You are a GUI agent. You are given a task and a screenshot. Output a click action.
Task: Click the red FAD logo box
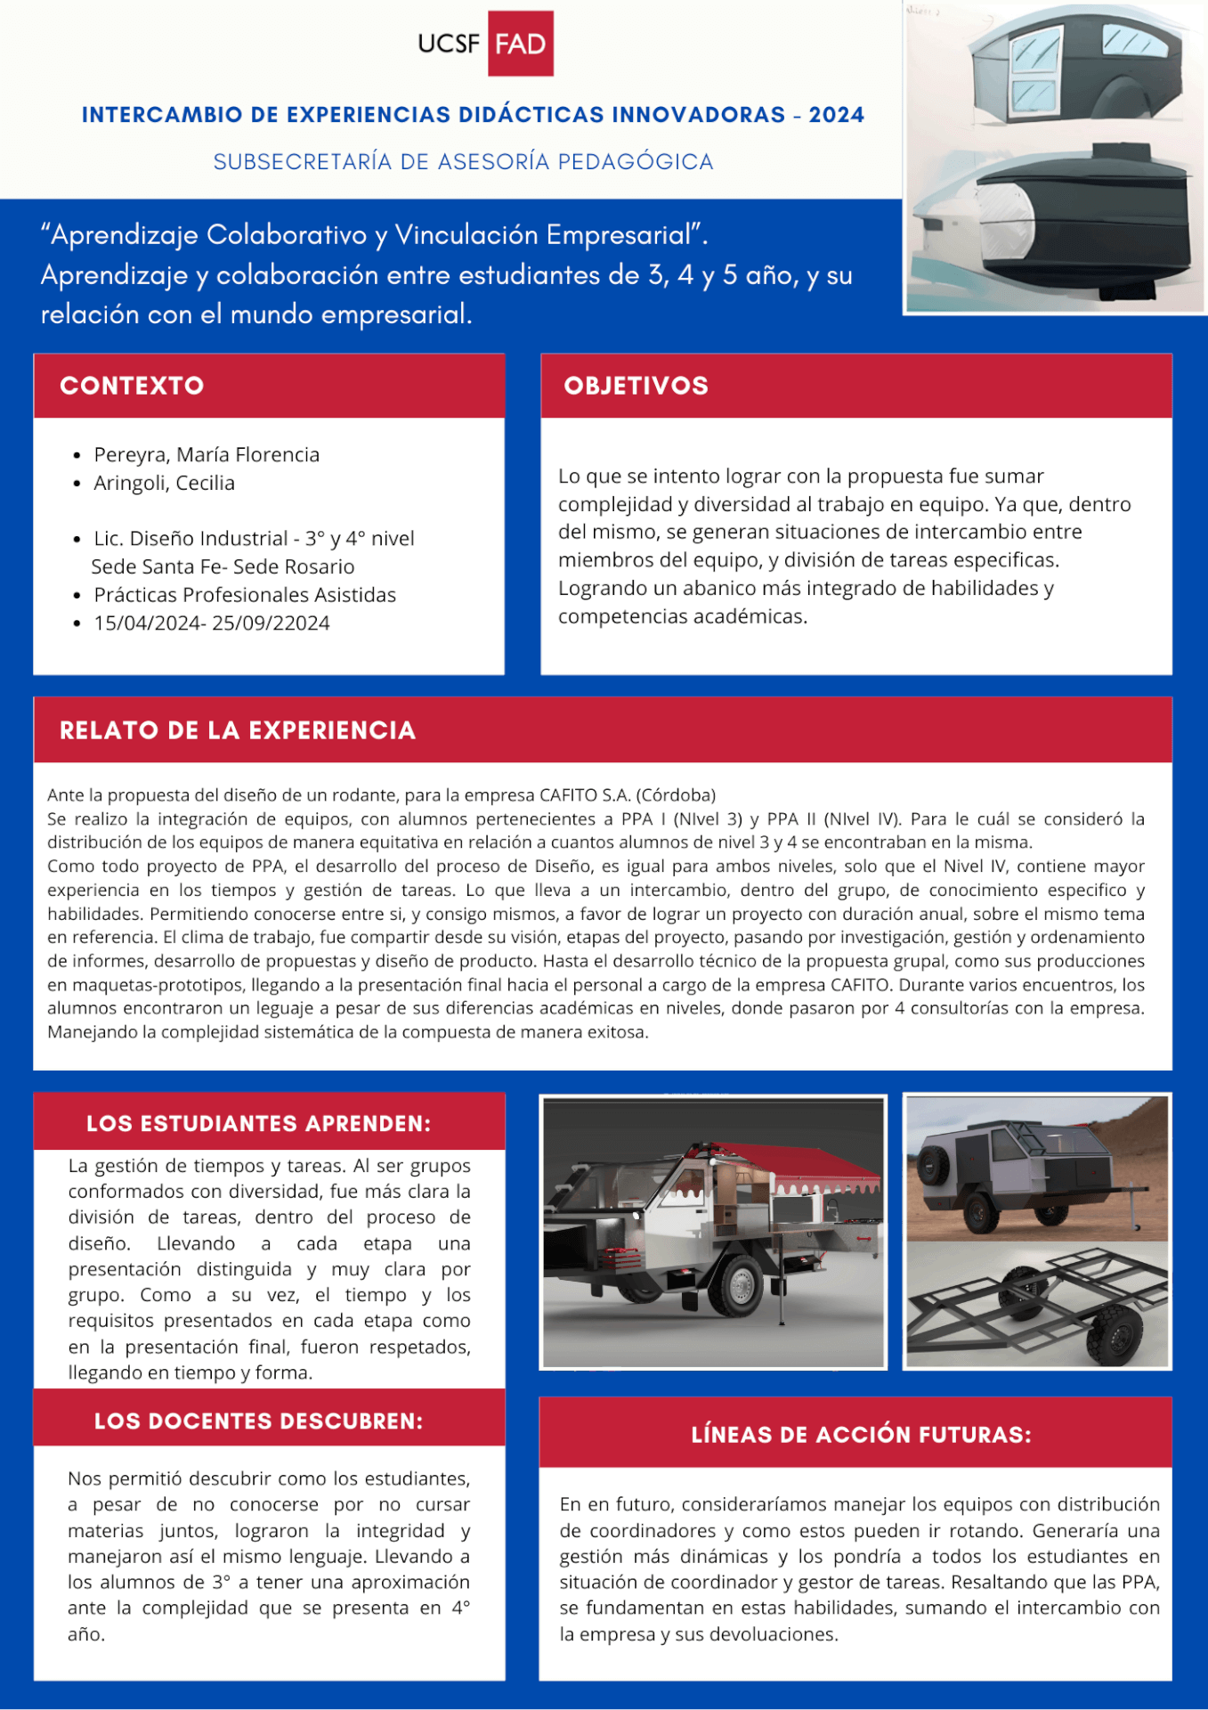521,44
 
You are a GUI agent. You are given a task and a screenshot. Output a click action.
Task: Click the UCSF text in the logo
449,44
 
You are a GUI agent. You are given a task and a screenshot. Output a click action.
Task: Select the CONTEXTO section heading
132,386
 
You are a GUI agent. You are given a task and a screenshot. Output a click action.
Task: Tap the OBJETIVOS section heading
636,386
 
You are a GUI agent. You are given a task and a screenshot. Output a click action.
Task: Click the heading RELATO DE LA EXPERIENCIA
238,730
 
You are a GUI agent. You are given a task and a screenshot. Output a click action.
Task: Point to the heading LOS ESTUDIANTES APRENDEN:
258,1123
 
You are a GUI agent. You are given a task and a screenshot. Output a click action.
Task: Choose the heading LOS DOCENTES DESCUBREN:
258,1421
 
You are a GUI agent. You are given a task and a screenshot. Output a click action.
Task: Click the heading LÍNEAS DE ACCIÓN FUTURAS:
861,1434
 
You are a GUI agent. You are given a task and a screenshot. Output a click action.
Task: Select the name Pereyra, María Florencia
207,455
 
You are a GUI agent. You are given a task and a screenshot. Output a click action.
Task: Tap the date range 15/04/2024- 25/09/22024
212,623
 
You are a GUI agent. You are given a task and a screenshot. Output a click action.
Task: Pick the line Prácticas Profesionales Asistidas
245,595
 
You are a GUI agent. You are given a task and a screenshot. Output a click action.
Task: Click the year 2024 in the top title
837,115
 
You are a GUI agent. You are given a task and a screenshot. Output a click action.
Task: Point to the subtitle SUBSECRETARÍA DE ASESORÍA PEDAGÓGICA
463,162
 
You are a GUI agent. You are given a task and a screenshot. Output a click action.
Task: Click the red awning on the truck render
783,1165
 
